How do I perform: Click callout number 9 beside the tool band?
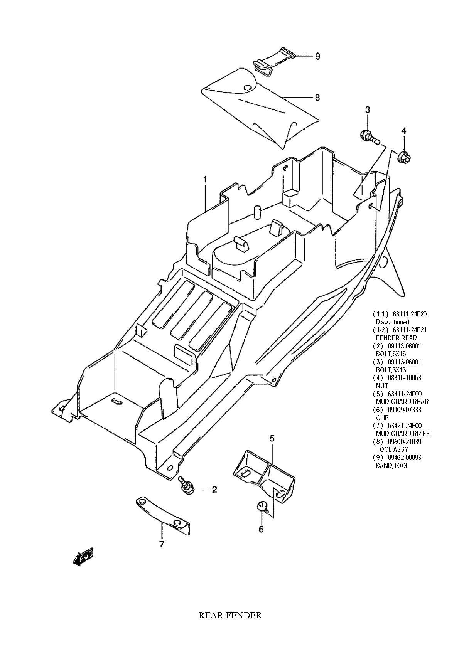(317, 56)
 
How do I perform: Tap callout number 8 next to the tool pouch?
(317, 98)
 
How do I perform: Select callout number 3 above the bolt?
(367, 109)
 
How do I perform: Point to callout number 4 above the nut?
(403, 131)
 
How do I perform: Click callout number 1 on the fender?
(205, 180)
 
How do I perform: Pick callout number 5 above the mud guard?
(272, 438)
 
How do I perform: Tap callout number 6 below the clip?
(261, 529)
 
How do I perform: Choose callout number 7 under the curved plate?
(162, 544)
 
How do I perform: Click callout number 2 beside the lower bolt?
(214, 490)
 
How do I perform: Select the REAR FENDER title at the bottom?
(230, 615)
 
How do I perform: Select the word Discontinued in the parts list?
(392, 321)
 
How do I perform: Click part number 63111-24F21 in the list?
(409, 330)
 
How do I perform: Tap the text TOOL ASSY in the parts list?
(392, 449)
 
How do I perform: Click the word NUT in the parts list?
(382, 385)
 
